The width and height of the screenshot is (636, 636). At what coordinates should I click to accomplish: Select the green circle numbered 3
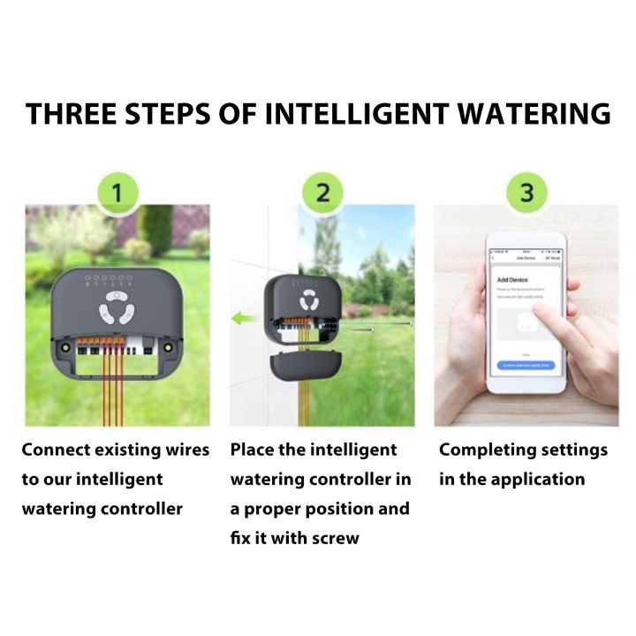pyautogui.click(x=526, y=191)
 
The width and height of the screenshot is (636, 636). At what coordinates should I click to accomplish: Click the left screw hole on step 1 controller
pyautogui.click(x=64, y=350)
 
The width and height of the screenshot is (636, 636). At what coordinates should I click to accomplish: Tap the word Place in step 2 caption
pyautogui.click(x=251, y=450)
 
